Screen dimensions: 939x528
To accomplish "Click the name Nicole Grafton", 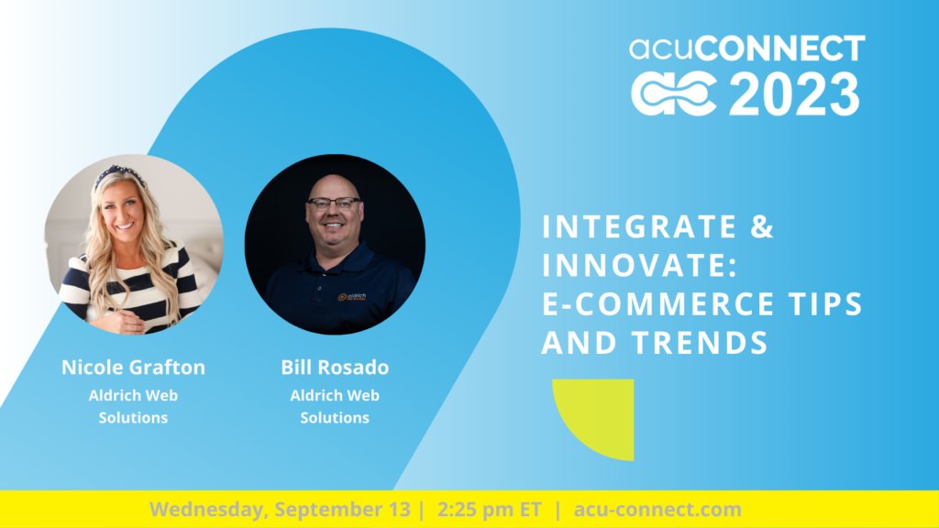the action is (134, 367).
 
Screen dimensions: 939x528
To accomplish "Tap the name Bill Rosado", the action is (335, 367).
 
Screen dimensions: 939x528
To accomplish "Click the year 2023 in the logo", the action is (794, 94).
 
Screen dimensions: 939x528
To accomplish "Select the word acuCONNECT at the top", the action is (746, 48).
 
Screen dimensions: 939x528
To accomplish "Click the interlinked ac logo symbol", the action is (674, 94).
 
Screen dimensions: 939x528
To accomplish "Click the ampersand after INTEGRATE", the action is (762, 226).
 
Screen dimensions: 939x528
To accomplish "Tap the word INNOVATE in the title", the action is (634, 265).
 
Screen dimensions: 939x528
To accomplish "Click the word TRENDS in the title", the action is (700, 343).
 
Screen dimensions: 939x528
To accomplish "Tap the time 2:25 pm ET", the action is (490, 510).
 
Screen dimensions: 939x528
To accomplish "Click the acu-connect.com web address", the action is (657, 510).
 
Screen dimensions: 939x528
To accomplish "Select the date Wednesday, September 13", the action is (281, 510).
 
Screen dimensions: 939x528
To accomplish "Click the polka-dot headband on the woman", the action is (119, 174).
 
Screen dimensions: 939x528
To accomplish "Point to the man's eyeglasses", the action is (334, 203).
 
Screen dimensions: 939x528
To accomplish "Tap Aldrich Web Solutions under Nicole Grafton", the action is (133, 406).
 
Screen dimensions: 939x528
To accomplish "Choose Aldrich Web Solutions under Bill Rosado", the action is (335, 406).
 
